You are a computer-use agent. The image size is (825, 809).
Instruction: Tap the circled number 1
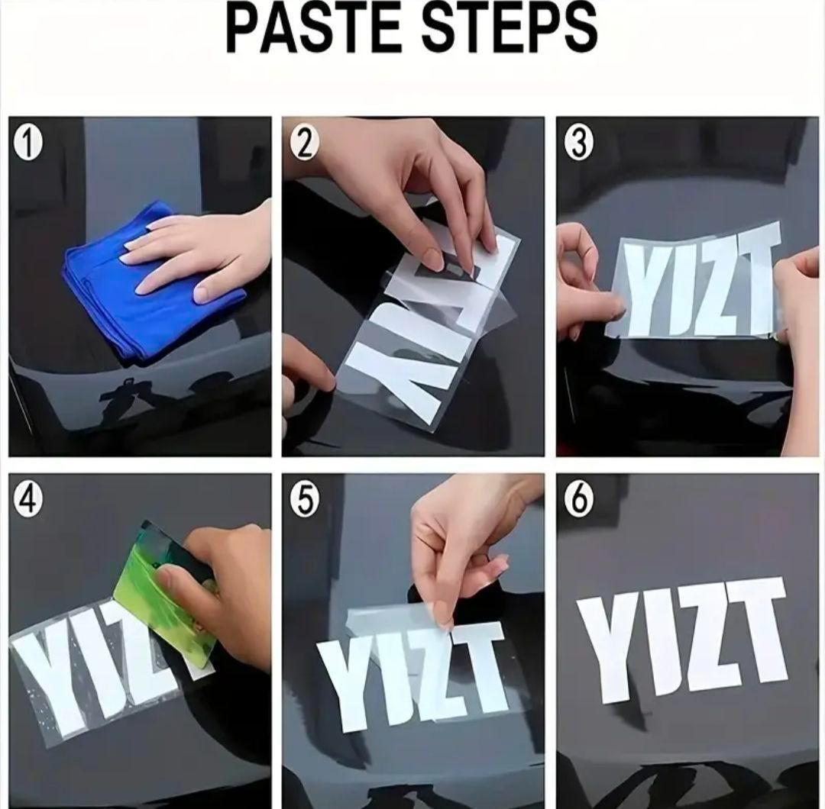[28, 144]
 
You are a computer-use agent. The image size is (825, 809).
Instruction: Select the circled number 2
[303, 144]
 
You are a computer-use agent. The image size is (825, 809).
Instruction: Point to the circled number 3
[577, 144]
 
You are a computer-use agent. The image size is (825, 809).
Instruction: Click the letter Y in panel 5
[348, 683]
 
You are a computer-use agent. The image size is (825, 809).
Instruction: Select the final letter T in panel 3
[756, 279]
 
